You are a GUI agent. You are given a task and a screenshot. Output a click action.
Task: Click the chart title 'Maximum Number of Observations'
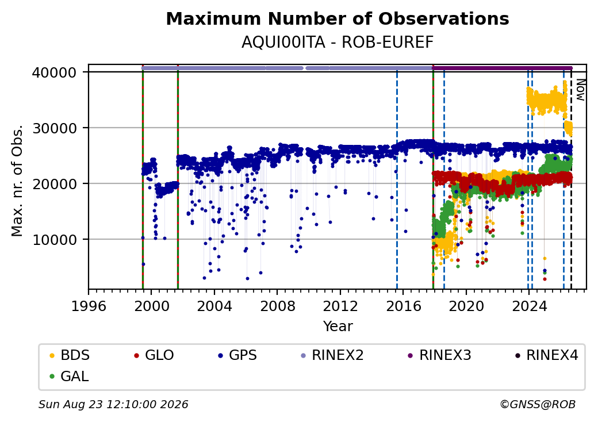[338, 18]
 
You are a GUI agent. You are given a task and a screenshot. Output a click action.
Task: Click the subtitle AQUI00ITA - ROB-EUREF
[338, 43]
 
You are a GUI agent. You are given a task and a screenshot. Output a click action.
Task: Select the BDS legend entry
[70, 355]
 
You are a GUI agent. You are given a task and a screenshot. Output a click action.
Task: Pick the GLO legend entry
[154, 355]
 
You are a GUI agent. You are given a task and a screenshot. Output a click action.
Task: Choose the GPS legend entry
[237, 355]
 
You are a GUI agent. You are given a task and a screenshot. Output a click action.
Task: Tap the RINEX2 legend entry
[332, 355]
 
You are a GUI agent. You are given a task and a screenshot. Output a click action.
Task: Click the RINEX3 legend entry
[440, 355]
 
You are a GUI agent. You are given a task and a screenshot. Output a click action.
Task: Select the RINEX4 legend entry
[546, 355]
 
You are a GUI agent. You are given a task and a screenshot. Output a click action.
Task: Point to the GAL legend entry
[70, 376]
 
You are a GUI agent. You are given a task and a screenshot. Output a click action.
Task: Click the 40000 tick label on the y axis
[55, 72]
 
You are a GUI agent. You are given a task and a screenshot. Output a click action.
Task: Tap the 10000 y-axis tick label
[55, 240]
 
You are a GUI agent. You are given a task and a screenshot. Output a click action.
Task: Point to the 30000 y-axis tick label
[55, 128]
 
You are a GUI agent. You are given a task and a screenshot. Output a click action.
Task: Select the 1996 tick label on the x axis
[89, 306]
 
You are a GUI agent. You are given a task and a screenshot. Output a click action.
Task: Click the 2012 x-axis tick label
[340, 306]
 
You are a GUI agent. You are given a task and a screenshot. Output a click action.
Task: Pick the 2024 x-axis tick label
[529, 306]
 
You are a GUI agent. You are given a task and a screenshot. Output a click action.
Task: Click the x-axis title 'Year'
[338, 327]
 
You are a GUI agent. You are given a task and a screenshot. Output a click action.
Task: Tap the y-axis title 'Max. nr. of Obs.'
[17, 181]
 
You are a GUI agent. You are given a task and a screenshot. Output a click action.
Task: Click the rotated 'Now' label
[580, 90]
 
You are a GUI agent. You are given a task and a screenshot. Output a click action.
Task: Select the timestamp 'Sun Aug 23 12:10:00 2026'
[113, 404]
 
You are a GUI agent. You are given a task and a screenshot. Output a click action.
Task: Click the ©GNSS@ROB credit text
[538, 404]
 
